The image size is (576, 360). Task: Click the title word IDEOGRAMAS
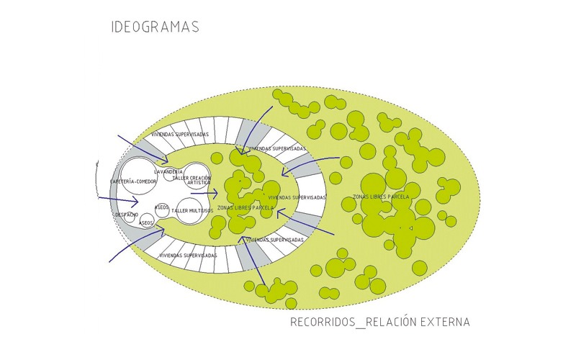[155, 27]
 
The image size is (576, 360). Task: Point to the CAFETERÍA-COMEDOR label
[132, 181]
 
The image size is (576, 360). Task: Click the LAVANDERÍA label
[169, 172]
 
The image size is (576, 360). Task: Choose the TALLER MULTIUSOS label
[192, 210]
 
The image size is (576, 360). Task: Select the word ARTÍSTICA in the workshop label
[199, 183]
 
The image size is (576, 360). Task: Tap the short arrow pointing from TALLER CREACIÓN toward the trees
[204, 194]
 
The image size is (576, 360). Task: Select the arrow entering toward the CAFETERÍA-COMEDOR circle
[118, 200]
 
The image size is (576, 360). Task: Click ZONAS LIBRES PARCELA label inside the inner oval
[245, 207]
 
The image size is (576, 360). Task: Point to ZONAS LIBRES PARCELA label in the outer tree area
[381, 197]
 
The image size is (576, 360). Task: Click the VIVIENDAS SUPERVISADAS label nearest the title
[180, 135]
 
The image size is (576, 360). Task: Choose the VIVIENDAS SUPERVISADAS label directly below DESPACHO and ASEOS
[188, 256]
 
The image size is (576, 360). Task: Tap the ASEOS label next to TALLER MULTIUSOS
[161, 207]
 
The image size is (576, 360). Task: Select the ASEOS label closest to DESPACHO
[145, 223]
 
